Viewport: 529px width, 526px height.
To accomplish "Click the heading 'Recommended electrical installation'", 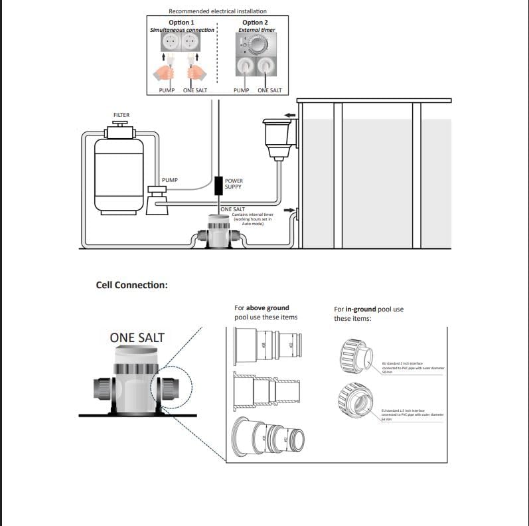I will pos(218,11).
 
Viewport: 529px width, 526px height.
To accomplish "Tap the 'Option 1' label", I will pos(181,23).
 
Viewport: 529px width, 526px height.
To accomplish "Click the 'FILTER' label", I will pos(121,115).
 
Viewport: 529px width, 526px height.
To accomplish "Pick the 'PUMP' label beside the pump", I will pos(169,180).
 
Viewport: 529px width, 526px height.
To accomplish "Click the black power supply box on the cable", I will pos(218,184).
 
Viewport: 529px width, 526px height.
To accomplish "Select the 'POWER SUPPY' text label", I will pos(234,184).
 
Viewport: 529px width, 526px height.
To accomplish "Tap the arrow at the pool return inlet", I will pos(289,211).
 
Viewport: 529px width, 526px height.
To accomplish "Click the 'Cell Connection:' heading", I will pos(132,285).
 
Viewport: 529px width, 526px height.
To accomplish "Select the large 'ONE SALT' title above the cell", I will pos(137,337).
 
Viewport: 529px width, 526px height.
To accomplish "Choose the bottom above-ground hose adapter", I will pos(268,438).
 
